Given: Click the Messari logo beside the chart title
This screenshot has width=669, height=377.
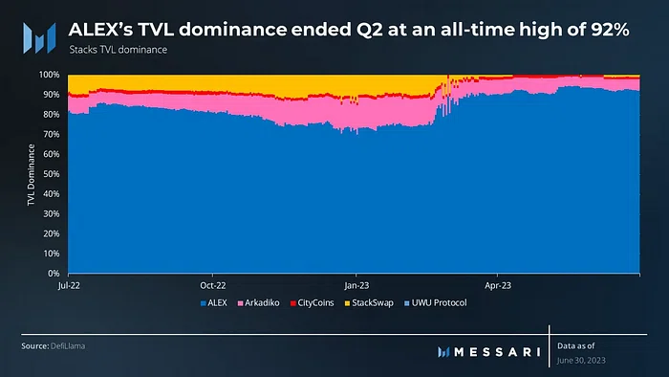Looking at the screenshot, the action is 39,38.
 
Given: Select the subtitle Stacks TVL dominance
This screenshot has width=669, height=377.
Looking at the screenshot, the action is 119,50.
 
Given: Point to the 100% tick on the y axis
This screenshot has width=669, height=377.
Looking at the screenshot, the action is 50,75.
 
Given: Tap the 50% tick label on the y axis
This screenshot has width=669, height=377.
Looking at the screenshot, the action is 52,174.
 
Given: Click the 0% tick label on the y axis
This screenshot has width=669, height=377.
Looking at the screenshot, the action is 54,274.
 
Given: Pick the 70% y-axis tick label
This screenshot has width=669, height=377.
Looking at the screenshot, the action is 52,135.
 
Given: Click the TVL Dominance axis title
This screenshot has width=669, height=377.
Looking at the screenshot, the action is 32,174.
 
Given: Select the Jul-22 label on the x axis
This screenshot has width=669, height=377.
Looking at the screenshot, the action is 69,286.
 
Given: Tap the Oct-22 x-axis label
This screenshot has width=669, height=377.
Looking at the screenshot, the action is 213,286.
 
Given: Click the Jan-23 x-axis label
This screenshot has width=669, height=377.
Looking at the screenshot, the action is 356,286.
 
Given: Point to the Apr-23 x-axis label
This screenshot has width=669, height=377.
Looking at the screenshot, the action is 498,286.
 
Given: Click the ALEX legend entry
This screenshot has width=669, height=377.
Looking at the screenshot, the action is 214,303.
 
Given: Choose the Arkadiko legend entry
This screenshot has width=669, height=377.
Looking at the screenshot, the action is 259,303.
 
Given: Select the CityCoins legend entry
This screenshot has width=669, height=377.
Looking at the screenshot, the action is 312,303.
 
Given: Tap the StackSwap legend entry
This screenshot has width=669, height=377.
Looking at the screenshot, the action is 369,303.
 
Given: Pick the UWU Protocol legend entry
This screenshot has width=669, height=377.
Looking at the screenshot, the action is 436,303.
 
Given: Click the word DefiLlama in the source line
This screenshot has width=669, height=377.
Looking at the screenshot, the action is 68,346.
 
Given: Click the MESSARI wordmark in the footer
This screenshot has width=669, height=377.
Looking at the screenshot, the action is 489,352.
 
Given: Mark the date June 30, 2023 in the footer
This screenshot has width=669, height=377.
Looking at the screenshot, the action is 581,361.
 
